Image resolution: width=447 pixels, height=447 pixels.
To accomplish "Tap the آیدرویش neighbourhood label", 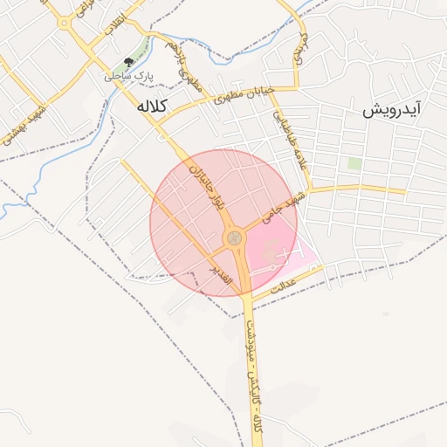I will (393, 110).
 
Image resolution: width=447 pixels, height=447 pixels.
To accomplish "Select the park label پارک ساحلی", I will (128, 77).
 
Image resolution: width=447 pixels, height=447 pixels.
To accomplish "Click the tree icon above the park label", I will (128, 62).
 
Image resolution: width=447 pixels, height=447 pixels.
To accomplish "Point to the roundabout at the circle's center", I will (234, 237).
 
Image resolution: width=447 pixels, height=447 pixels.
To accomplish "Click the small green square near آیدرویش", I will (354, 163).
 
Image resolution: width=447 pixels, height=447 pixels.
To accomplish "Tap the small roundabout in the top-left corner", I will (65, 24).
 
